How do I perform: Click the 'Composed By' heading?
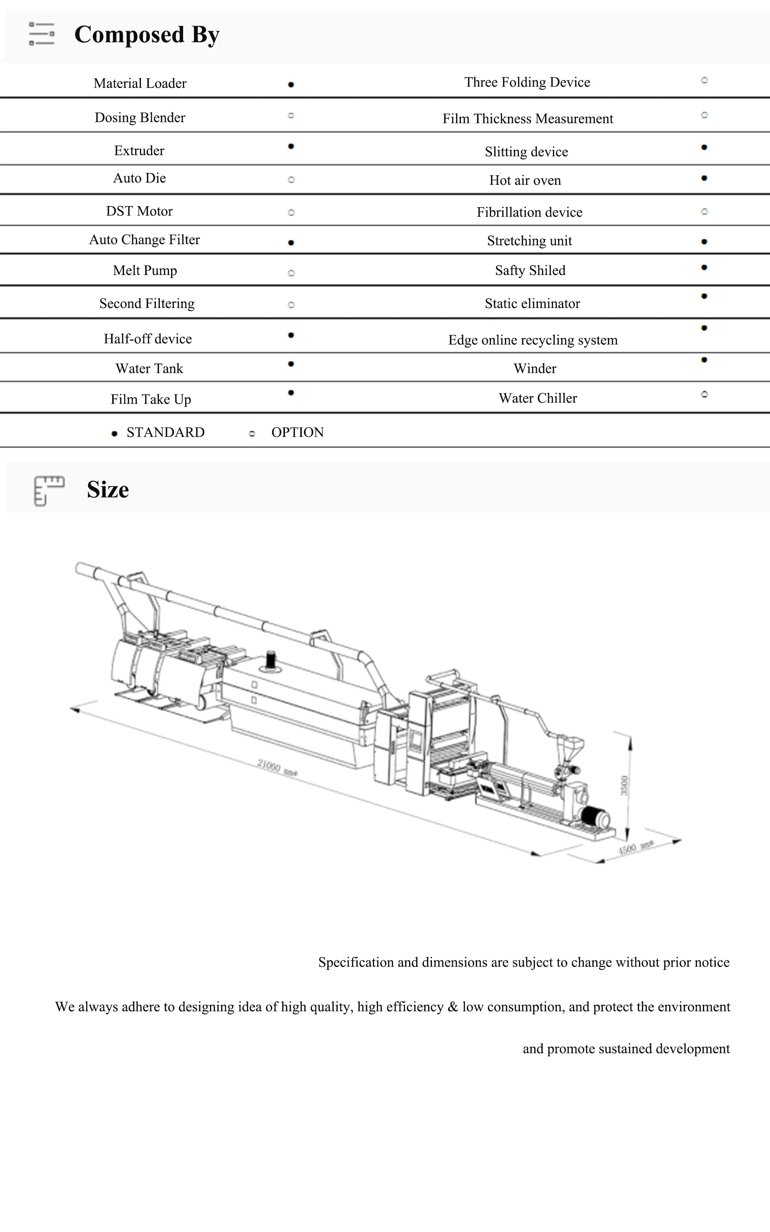click(x=147, y=34)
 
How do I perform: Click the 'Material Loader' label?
click(x=140, y=84)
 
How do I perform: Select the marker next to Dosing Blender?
click(x=291, y=115)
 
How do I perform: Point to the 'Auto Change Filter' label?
click(x=144, y=240)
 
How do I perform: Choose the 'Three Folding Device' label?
click(x=527, y=82)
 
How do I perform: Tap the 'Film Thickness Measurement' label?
click(x=528, y=119)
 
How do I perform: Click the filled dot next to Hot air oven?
click(x=704, y=178)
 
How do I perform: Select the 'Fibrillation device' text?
click(x=529, y=212)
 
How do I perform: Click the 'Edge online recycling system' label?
click(x=533, y=340)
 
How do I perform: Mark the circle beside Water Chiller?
click(x=704, y=395)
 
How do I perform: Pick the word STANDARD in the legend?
click(x=165, y=433)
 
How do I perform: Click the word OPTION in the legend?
click(x=297, y=433)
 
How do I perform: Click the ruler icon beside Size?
click(x=48, y=490)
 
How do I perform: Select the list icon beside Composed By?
click(x=42, y=34)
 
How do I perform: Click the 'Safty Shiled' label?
click(x=530, y=270)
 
